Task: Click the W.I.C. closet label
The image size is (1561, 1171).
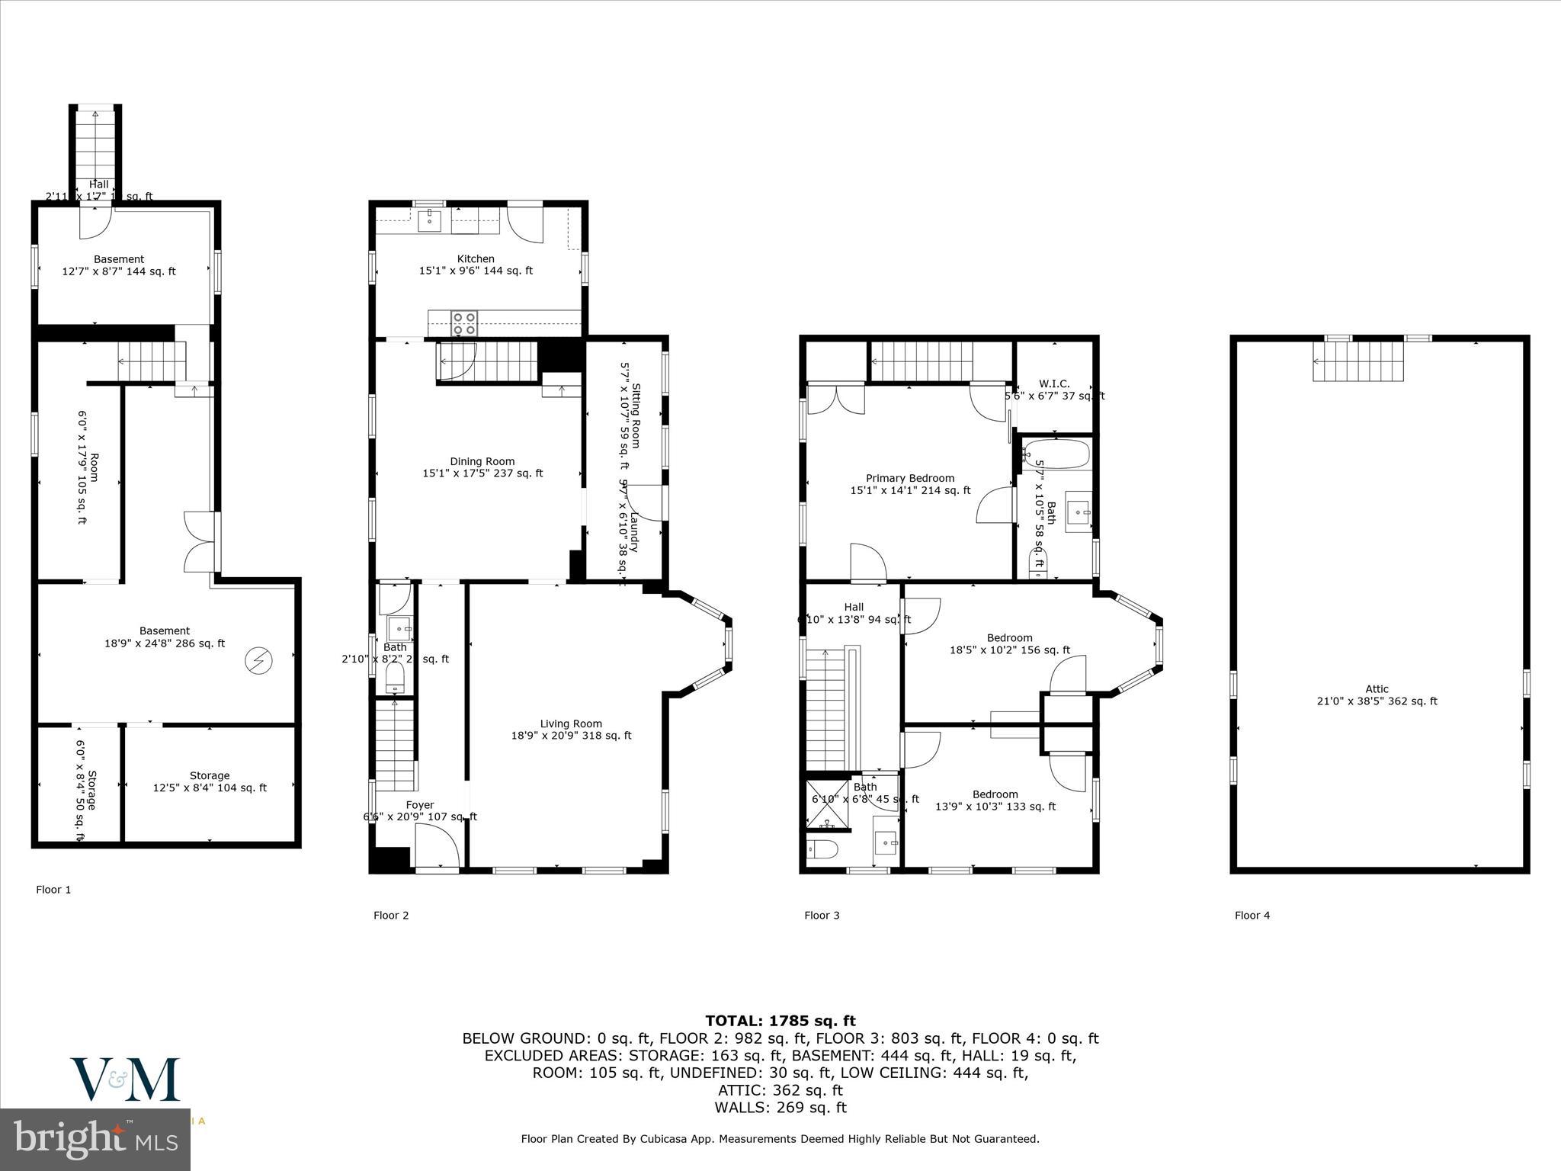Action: [x=1054, y=384]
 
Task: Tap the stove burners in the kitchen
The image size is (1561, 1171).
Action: [x=465, y=323]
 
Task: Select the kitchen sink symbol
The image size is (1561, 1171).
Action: [x=431, y=221]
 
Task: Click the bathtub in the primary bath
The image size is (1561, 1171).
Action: [x=1056, y=454]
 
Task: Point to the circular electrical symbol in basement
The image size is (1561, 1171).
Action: [x=258, y=661]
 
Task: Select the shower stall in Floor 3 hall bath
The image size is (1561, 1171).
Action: [x=826, y=804]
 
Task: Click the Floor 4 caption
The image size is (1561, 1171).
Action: [x=1252, y=915]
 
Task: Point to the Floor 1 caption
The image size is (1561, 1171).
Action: [x=53, y=889]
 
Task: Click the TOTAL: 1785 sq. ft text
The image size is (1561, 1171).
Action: [x=780, y=1020]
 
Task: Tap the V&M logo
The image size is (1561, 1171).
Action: [x=126, y=1079]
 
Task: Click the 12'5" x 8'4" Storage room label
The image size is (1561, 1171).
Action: [x=210, y=781]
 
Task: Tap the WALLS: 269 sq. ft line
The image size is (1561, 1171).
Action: [x=780, y=1108]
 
